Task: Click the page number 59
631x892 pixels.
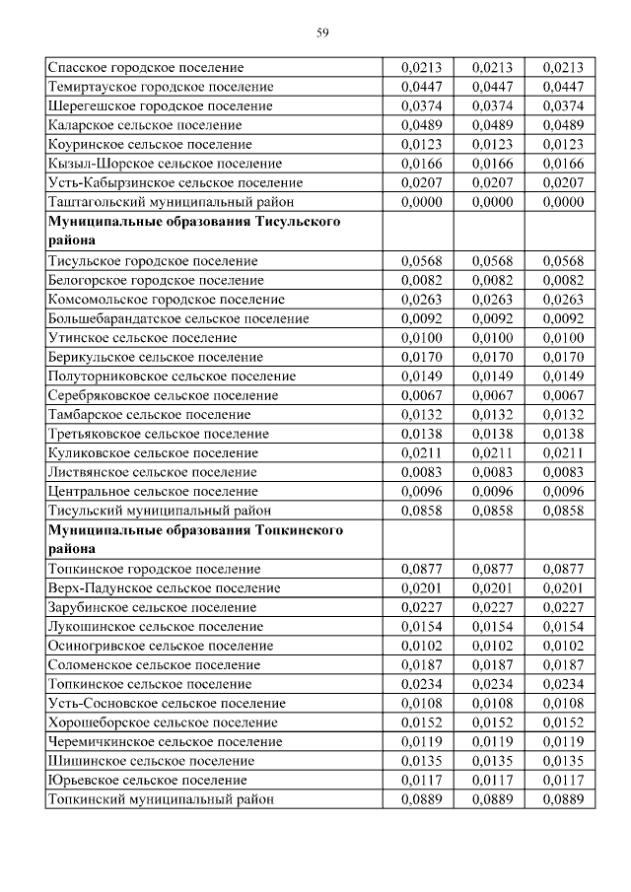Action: pos(321,32)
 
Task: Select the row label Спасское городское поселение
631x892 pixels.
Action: pos(145,68)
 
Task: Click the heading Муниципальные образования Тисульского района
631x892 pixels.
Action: pos(194,231)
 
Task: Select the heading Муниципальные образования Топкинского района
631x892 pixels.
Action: pos(195,539)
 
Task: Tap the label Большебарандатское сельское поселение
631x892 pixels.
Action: pos(178,318)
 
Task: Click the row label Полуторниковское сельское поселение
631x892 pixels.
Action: pos(172,377)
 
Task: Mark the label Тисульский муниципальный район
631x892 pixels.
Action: pos(159,511)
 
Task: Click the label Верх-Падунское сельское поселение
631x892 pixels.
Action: pos(164,588)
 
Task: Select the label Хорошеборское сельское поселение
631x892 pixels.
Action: pos(163,722)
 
